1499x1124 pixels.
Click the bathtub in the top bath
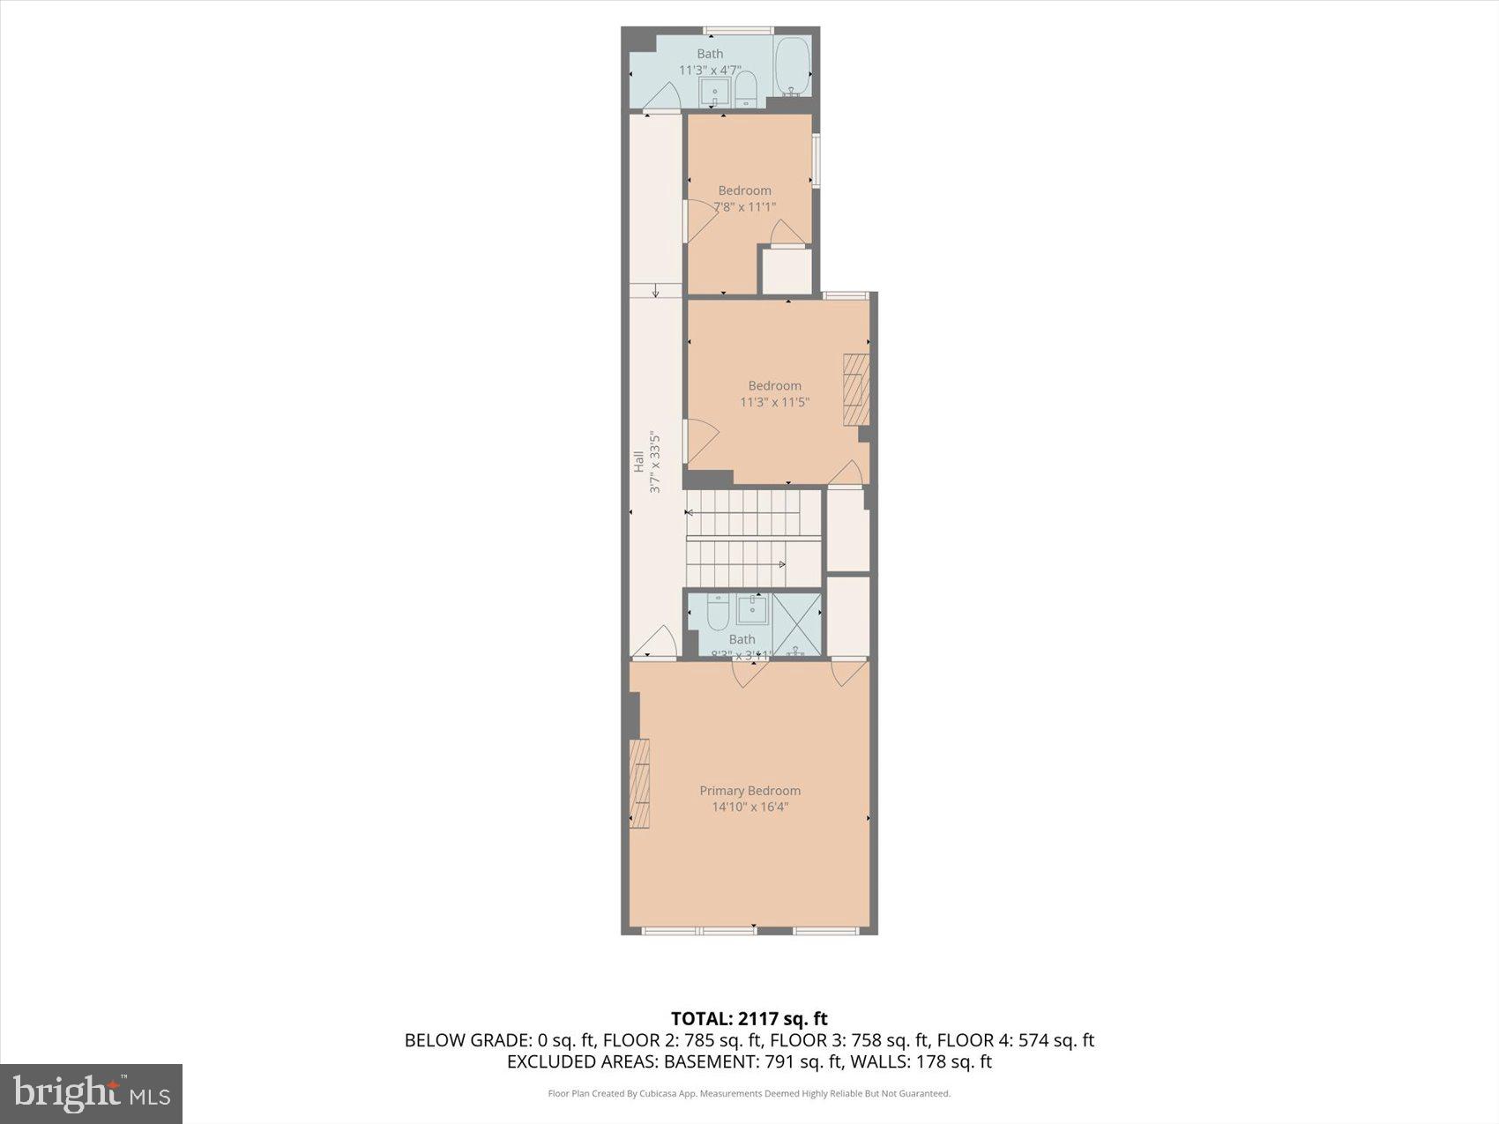coord(792,67)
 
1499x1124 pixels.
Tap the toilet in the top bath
coord(746,88)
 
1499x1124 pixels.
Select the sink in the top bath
coord(714,91)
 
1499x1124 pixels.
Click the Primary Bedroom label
coord(749,791)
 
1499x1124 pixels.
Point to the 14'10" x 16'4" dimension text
coord(749,807)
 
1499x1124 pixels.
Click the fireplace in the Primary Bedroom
coord(639,784)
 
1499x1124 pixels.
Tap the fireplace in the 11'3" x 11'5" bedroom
coord(856,390)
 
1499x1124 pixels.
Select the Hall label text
coord(638,461)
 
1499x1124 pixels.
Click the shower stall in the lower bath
coord(797,624)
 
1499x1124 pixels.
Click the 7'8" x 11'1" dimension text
coord(744,207)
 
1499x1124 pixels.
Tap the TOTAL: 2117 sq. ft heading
coord(749,1019)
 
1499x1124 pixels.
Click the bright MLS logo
coord(92,1094)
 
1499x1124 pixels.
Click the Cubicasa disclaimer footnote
coord(749,1094)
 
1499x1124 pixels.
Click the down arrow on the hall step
coord(655,291)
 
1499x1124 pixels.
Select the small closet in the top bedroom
coord(787,272)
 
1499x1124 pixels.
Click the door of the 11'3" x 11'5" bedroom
coord(702,440)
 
